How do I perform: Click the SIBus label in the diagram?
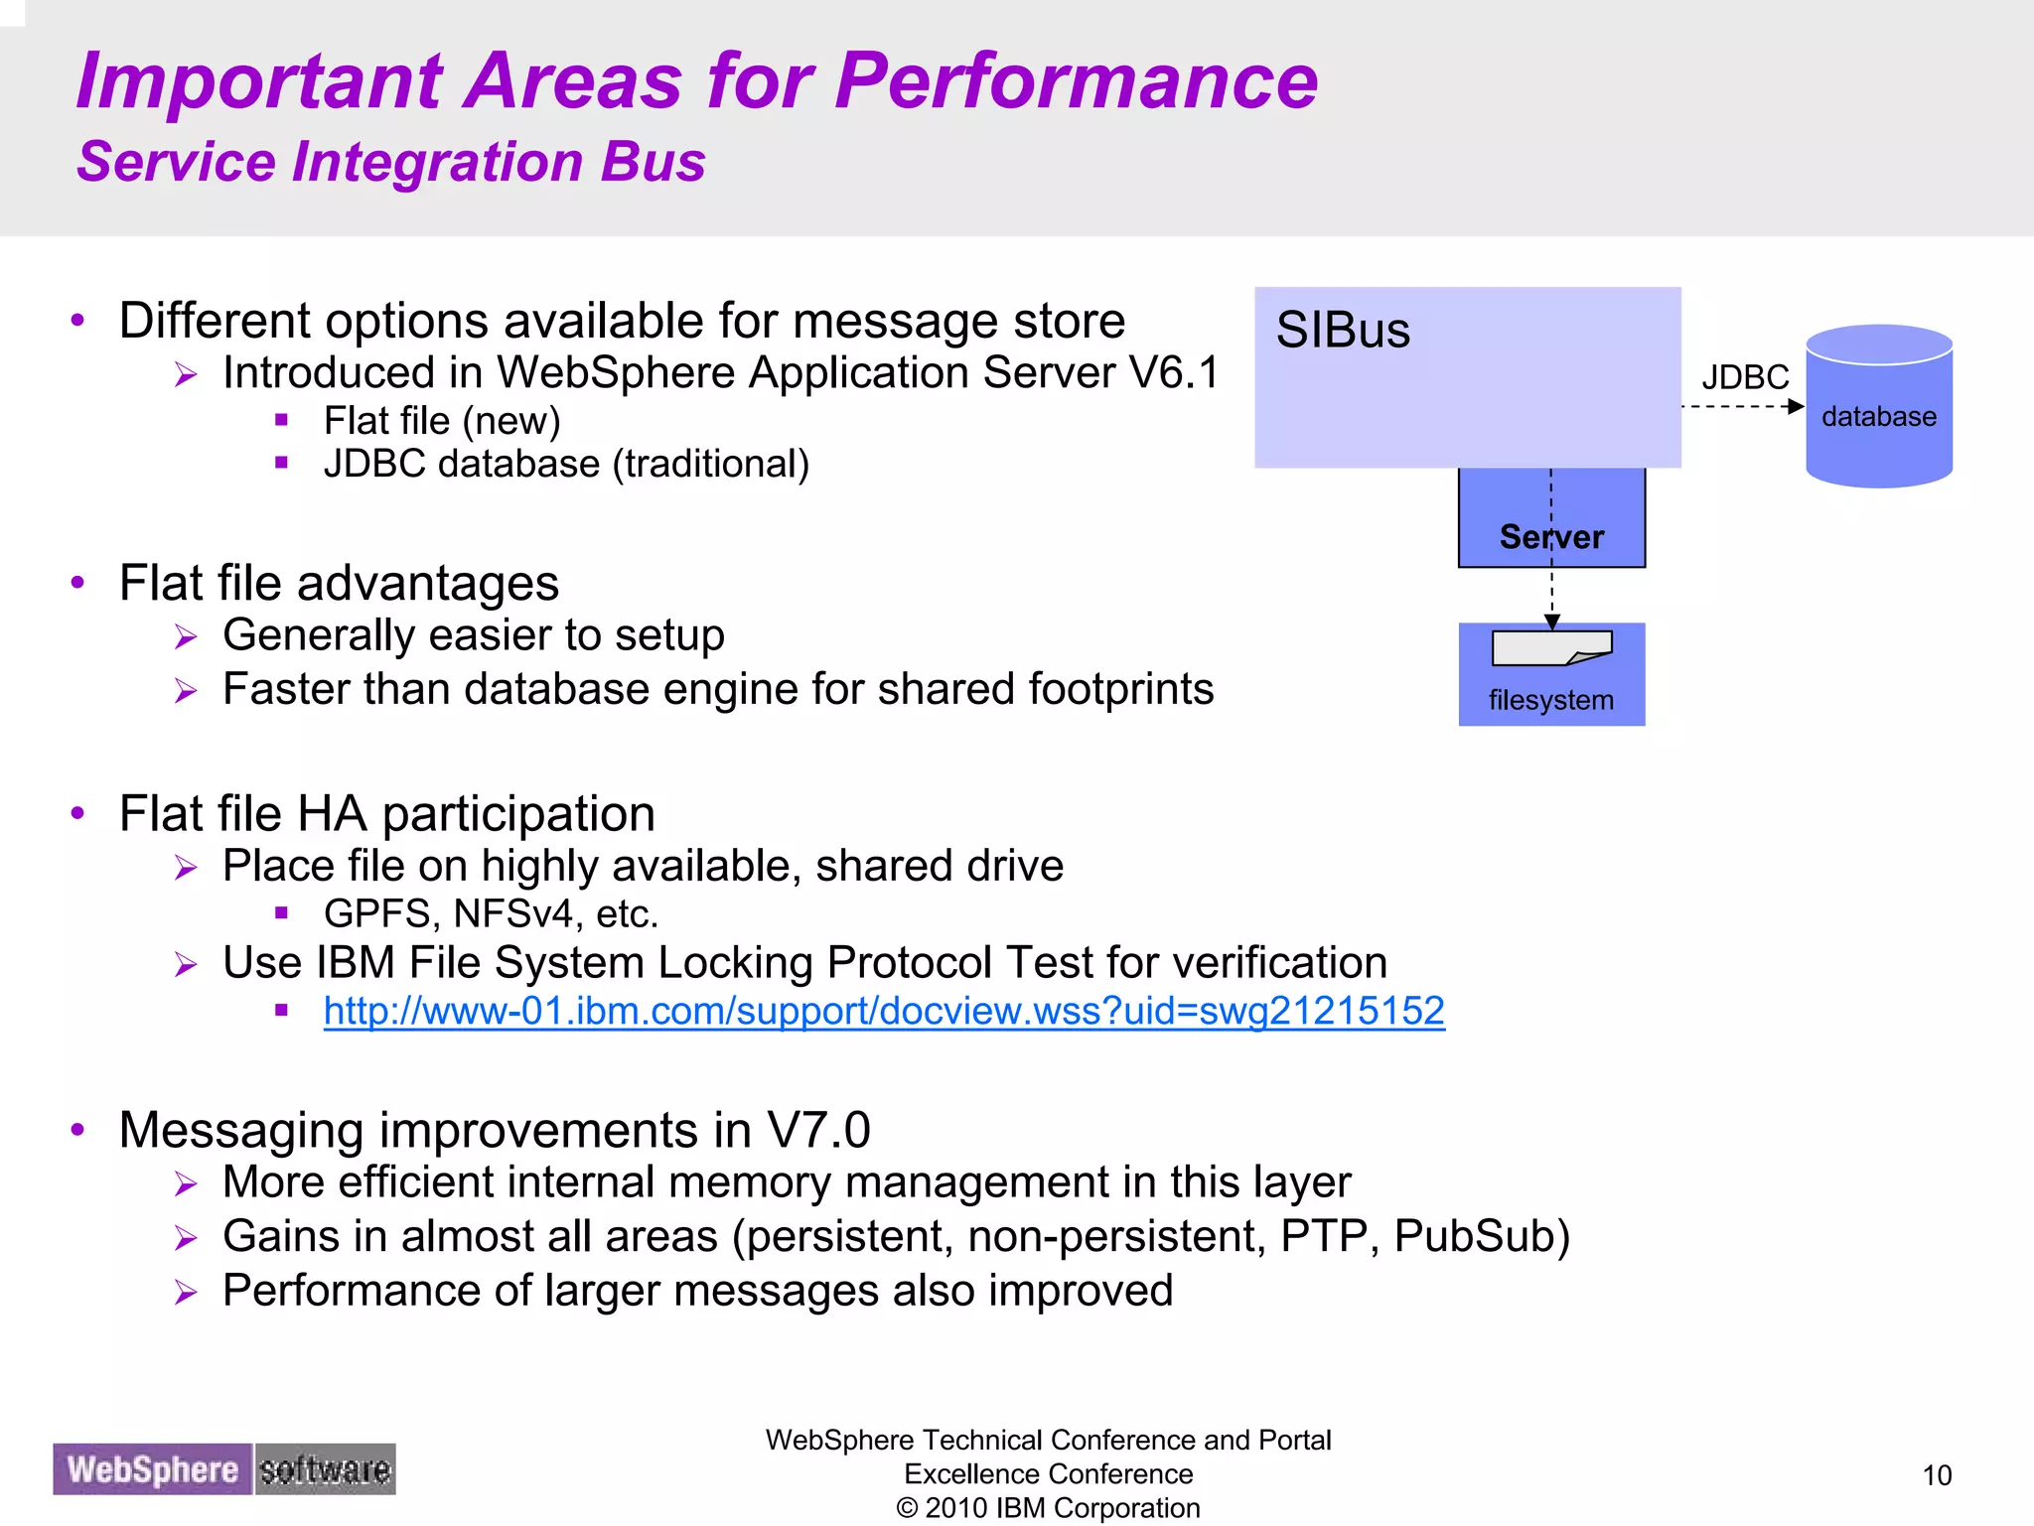(x=1342, y=331)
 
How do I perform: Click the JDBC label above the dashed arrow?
(x=1744, y=378)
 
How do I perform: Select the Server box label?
(x=1551, y=537)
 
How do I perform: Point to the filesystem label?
(x=1550, y=700)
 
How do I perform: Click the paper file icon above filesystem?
(x=1551, y=647)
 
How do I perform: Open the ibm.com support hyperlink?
(x=883, y=1011)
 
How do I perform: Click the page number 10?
(x=1937, y=1475)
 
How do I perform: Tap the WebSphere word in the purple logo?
(x=153, y=1469)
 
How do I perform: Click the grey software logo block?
(x=325, y=1469)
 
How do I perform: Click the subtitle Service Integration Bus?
(x=390, y=162)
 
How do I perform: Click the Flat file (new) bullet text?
(x=442, y=421)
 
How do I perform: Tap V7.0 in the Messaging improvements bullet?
(x=818, y=1130)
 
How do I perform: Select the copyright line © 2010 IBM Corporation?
(x=1048, y=1508)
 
